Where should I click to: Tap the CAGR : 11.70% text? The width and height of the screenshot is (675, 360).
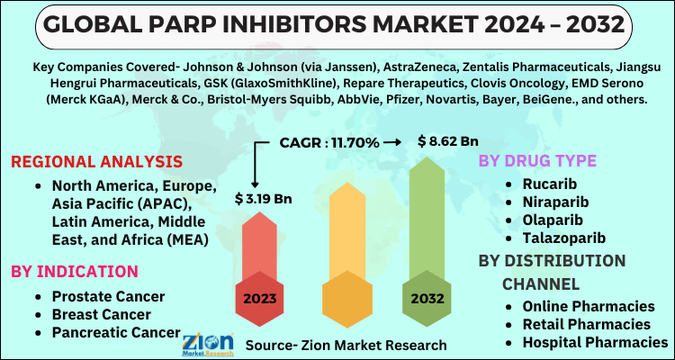point(328,141)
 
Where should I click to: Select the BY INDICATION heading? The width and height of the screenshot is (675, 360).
point(75,271)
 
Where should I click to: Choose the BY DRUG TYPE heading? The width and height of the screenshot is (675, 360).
point(538,161)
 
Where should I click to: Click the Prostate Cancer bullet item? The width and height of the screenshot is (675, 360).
point(108,296)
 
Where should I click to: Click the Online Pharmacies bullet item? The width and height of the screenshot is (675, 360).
point(589,306)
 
